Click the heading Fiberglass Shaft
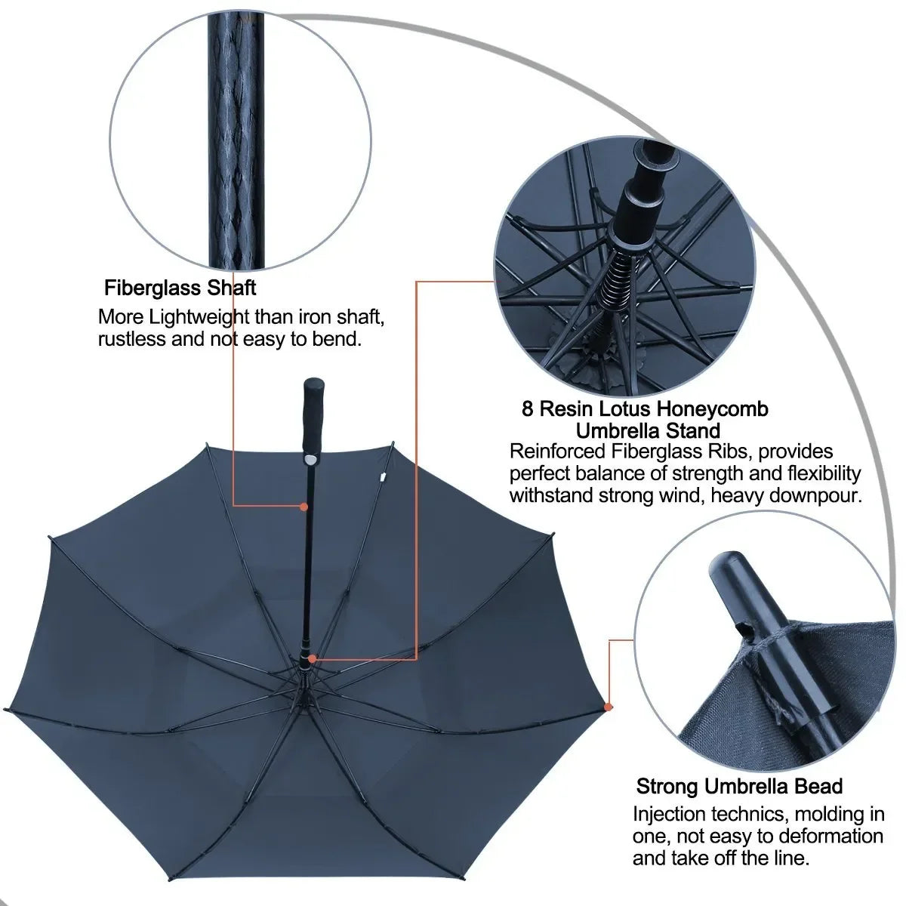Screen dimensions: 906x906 [x=180, y=288]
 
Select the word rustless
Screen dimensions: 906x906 [x=131, y=338]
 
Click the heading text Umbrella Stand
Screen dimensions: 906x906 [x=648, y=431]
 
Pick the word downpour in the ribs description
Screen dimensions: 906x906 [x=818, y=495]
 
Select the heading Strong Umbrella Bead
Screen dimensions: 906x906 [x=739, y=786]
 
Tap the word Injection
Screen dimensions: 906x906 [x=670, y=815]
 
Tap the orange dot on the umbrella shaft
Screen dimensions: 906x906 [x=304, y=507]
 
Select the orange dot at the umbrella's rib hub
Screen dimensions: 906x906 [x=310, y=658]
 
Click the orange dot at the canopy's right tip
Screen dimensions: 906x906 [x=608, y=706]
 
